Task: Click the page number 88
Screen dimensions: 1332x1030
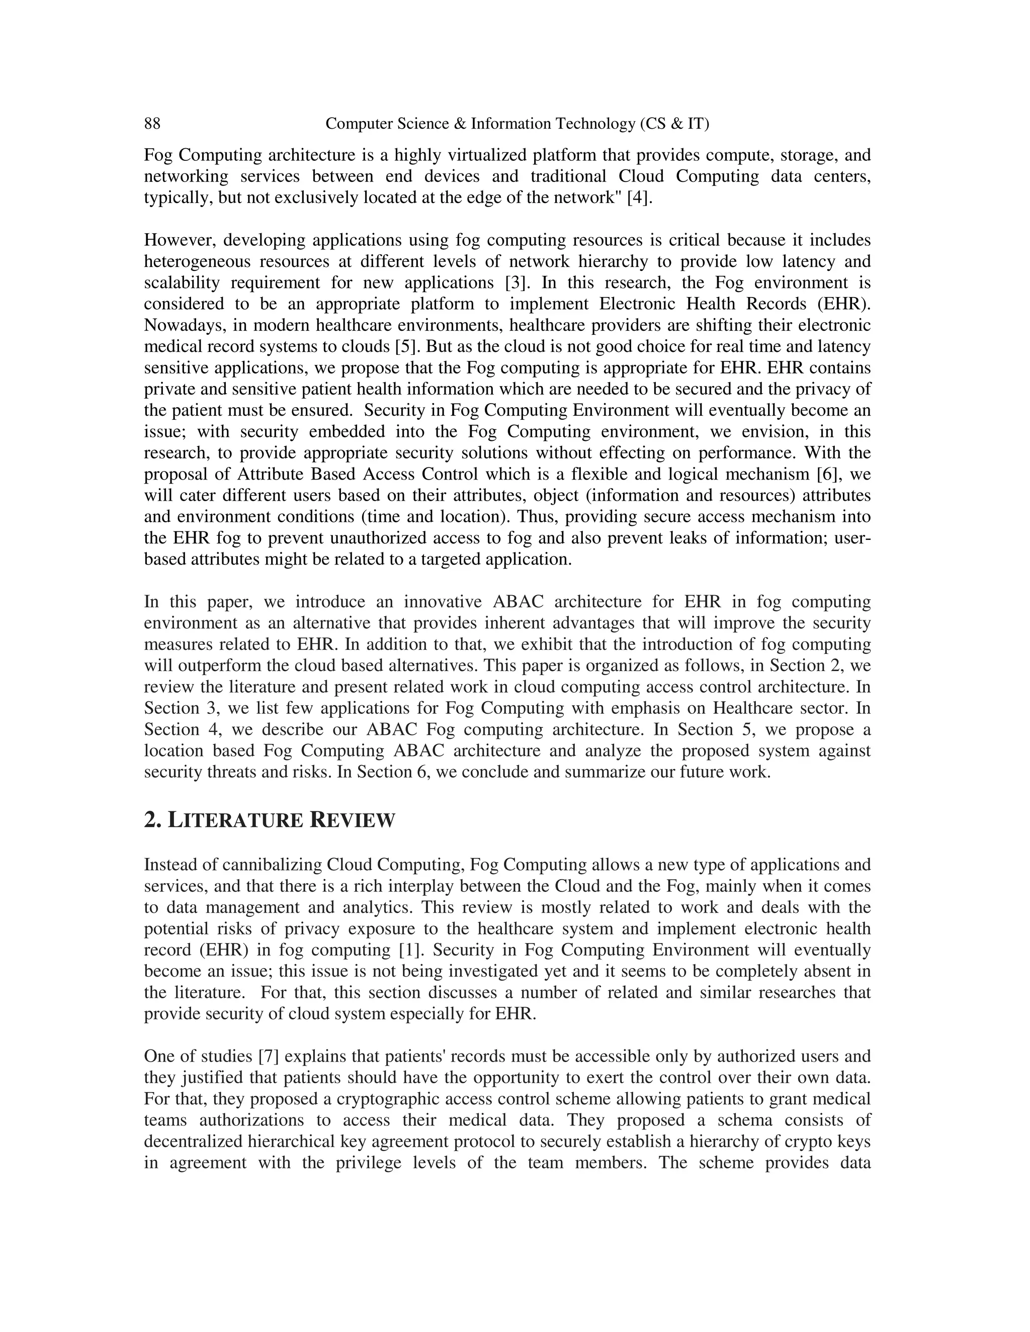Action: (x=152, y=124)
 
